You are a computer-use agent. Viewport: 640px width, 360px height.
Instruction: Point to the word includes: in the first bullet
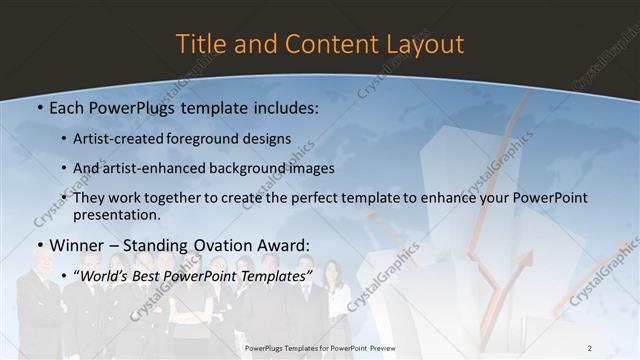(285, 108)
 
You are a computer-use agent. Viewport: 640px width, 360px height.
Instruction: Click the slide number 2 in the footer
(589, 347)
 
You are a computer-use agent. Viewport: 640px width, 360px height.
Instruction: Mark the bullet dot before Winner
(39, 246)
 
